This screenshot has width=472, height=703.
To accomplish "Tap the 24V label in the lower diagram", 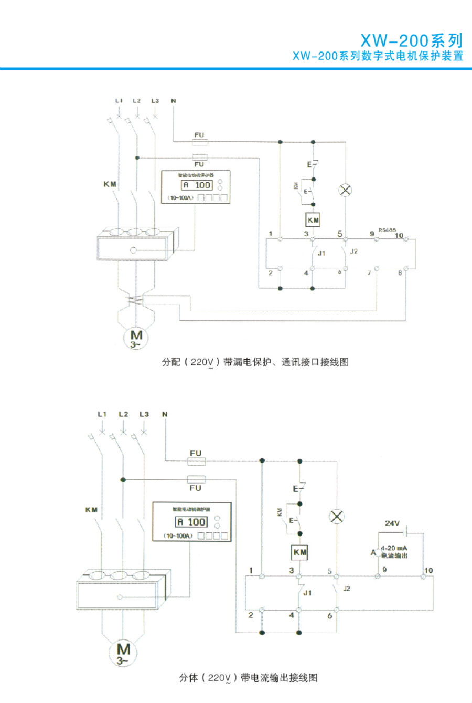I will click(x=392, y=523).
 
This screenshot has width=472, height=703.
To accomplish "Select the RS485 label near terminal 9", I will click(x=387, y=229).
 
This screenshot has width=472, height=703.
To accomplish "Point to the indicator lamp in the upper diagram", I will click(x=345, y=190).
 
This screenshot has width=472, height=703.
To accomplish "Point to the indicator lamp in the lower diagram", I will click(x=336, y=517).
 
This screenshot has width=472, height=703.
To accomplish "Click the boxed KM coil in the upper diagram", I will click(x=313, y=220).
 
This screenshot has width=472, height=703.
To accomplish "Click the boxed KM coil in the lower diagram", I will click(x=299, y=552).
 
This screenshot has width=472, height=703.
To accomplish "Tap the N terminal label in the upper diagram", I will click(x=173, y=100).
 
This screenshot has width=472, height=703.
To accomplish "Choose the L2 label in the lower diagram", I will click(x=123, y=414).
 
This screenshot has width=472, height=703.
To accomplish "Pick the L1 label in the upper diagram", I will click(x=119, y=100).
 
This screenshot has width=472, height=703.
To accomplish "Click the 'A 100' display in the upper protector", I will click(x=197, y=185).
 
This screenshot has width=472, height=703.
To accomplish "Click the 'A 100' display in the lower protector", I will click(x=191, y=522).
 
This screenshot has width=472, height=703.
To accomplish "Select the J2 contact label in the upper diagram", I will click(x=353, y=251).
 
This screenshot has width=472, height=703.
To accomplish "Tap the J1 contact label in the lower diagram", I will click(x=307, y=593).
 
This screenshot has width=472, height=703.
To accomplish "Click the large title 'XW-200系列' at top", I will click(x=411, y=41).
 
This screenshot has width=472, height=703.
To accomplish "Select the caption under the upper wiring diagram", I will click(x=255, y=362).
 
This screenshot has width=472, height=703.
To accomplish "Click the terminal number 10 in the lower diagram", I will click(x=428, y=570).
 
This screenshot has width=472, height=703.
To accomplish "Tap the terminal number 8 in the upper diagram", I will click(x=400, y=272).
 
